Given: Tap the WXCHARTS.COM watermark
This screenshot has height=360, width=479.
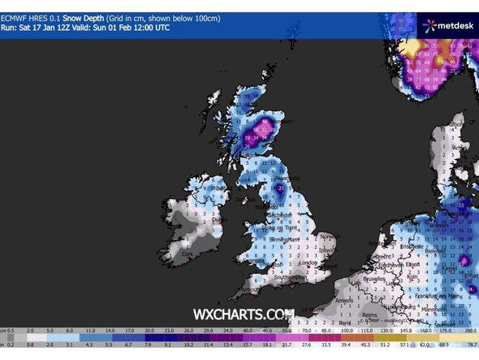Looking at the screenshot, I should pos(243,314).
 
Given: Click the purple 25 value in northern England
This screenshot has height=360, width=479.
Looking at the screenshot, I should pos(281,189).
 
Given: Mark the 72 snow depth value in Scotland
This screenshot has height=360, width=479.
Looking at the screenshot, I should pos(265,128).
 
